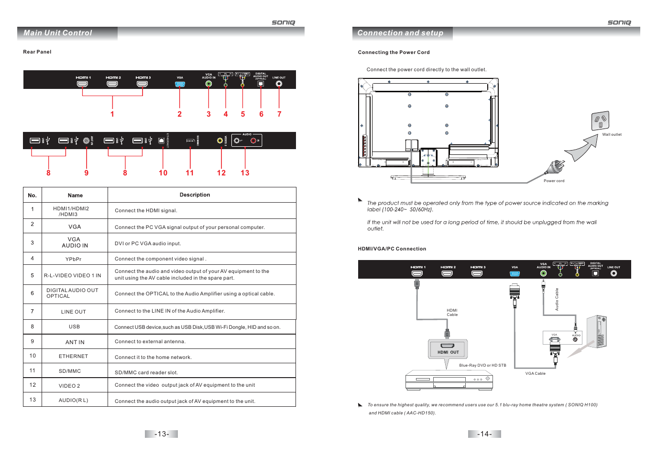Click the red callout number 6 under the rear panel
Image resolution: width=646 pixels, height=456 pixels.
pyautogui.click(x=261, y=114)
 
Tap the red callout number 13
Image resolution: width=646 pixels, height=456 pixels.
pyautogui.click(x=245, y=173)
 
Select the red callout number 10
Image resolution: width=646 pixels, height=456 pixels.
pyautogui.click(x=163, y=173)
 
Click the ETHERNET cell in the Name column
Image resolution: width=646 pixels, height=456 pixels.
pyautogui.click(x=74, y=356)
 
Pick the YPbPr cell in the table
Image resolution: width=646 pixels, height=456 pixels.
pyautogui.click(x=74, y=259)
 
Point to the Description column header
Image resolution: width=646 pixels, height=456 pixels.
pyautogui.click(x=195, y=195)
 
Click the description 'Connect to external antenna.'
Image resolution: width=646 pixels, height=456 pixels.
pyautogui.click(x=150, y=342)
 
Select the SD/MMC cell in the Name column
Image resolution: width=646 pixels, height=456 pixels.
pyautogui.click(x=70, y=371)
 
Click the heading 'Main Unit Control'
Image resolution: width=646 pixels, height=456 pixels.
pyautogui.click(x=58, y=33)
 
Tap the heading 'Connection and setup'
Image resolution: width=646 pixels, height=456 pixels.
pyautogui.click(x=400, y=33)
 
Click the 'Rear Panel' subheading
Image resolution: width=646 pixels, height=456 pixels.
pyautogui.click(x=37, y=52)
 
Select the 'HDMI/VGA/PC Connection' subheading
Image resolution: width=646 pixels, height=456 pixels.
pyautogui.click(x=392, y=249)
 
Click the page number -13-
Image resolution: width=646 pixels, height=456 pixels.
pyautogui.click(x=162, y=434)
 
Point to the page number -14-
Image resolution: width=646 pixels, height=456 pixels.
pyautogui.click(x=484, y=434)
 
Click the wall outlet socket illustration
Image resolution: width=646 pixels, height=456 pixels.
pyautogui.click(x=600, y=120)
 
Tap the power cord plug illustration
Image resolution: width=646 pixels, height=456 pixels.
pyautogui.click(x=555, y=168)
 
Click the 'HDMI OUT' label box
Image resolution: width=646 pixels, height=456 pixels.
pyautogui.click(x=448, y=349)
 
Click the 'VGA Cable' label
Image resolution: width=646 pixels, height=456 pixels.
pyautogui.click(x=535, y=374)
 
